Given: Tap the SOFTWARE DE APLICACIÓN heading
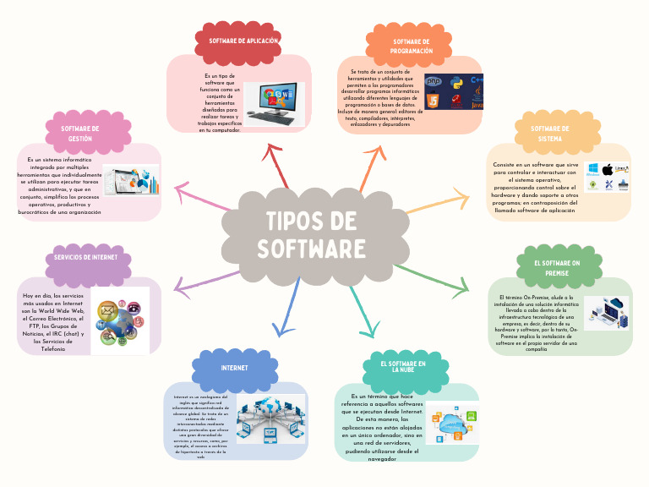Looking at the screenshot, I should coord(243,41).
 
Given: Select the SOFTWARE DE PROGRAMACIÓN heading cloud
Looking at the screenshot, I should coord(412,46).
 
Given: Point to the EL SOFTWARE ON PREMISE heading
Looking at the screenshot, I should coord(557,267).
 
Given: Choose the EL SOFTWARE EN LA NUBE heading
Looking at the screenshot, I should coord(397,365).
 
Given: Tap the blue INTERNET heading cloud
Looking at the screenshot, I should coord(234,369).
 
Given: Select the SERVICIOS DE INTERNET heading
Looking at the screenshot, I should coord(92,257).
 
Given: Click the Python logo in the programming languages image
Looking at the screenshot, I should coord(456,83).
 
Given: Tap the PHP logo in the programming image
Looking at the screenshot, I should coord(434,82).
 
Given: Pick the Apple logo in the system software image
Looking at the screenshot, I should coord(607,170).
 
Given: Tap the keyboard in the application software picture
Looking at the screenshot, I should coord(272,121).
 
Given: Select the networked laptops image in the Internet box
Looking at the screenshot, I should coord(270,419).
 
